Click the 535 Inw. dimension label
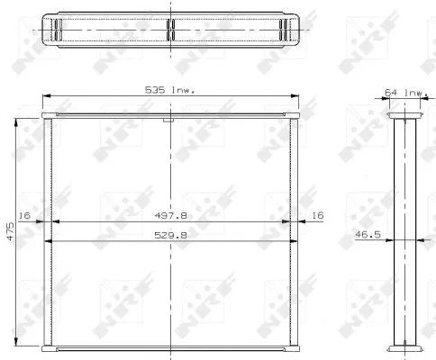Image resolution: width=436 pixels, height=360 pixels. [170, 90]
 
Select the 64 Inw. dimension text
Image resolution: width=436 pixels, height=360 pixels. [406, 93]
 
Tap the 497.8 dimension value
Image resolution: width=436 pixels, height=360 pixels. [170, 215]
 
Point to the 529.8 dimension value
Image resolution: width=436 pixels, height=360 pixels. [170, 235]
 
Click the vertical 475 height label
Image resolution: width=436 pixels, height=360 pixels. [11, 231]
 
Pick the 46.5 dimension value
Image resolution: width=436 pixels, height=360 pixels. [368, 234]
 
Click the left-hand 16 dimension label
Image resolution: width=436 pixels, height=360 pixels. [24, 215]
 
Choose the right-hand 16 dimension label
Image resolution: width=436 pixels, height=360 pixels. [318, 215]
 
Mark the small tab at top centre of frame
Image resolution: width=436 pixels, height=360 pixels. [168, 121]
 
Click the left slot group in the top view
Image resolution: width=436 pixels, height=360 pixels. [59, 30]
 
